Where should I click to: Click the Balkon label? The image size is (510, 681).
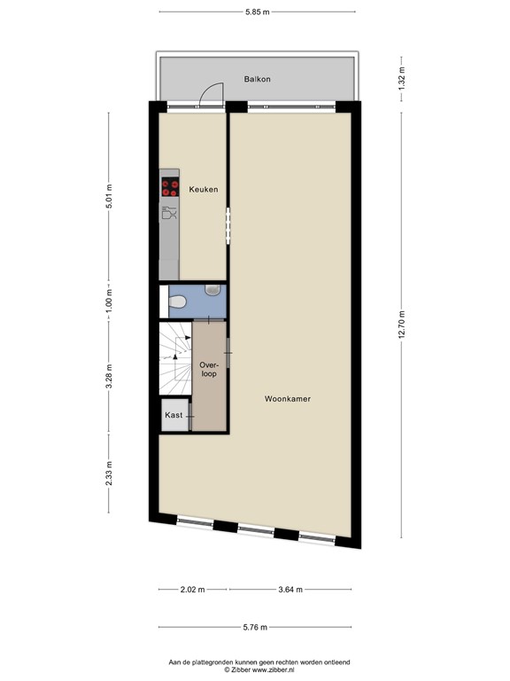[257, 79]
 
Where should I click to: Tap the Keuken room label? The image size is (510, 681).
[204, 190]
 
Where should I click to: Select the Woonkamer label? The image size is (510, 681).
[288, 399]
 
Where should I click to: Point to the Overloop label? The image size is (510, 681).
[209, 369]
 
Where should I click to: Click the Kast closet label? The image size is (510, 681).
[174, 415]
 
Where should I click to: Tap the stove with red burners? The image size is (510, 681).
[170, 187]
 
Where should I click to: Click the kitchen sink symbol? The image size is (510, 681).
[169, 213]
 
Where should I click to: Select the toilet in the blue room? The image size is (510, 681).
[177, 301]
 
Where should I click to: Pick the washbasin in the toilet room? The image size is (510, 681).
[212, 290]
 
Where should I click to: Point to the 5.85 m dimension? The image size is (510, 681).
[257, 12]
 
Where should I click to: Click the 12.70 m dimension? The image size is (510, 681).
[402, 325]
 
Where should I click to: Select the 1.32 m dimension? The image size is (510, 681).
[402, 80]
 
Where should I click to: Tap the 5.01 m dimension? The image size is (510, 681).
[109, 196]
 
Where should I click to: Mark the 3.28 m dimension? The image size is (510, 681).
[109, 376]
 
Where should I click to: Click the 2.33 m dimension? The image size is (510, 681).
[109, 474]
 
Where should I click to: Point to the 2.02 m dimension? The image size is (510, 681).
[192, 590]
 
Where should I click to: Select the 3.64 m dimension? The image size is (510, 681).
[290, 590]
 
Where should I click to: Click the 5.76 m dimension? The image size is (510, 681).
[255, 627]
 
